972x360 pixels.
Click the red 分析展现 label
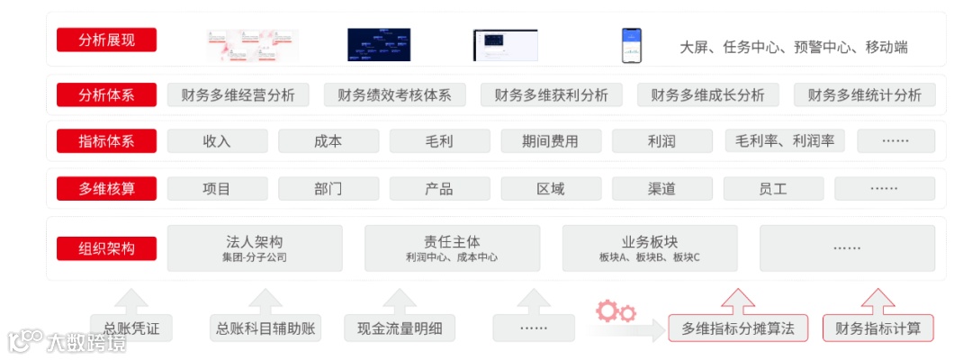pyautogui.click(x=106, y=40)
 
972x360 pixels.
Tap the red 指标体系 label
pyautogui.click(x=106, y=141)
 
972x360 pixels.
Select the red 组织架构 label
pyautogui.click(x=106, y=248)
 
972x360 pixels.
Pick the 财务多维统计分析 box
pyautogui.click(x=864, y=95)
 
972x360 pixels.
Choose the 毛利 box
pyautogui.click(x=439, y=141)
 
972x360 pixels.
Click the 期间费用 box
pyautogui.click(x=551, y=141)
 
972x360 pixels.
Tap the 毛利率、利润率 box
pyautogui.click(x=784, y=141)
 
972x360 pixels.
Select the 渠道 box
pyautogui.click(x=661, y=189)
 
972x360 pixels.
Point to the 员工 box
pyautogui.click(x=773, y=189)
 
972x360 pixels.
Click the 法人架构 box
pyautogui.click(x=255, y=248)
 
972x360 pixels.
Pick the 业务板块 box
pyautogui.click(x=650, y=248)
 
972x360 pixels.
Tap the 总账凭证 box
pyautogui.click(x=131, y=328)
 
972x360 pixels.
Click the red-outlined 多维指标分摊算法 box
pyautogui.click(x=738, y=328)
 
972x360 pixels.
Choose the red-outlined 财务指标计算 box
pyautogui.click(x=877, y=328)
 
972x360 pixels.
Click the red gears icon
pyautogui.click(x=616, y=311)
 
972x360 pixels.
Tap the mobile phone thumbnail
pyautogui.click(x=631, y=45)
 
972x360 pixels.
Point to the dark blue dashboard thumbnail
pyautogui.click(x=379, y=45)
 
